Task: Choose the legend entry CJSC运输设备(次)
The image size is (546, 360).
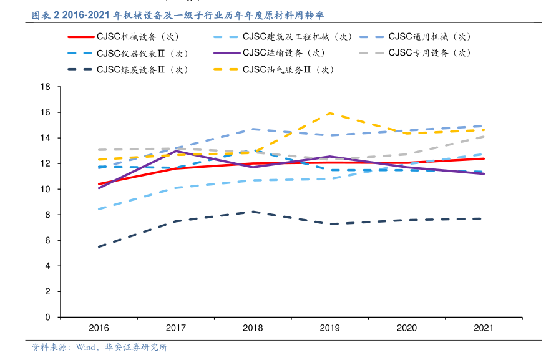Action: tap(284, 53)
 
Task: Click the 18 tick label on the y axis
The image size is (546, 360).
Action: tap(46, 87)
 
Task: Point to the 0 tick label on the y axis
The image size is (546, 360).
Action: tap(48, 317)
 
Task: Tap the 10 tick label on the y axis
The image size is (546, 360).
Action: tap(46, 189)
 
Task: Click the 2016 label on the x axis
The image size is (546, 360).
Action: tap(99, 328)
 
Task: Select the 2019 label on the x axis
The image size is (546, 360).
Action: tap(329, 328)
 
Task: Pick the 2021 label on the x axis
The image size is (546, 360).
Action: tap(484, 328)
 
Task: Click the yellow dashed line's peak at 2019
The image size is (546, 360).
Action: tap(329, 113)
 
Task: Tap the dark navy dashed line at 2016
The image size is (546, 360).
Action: tap(99, 246)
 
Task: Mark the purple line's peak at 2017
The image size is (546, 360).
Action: tap(176, 151)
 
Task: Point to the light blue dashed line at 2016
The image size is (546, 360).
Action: tap(99, 209)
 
